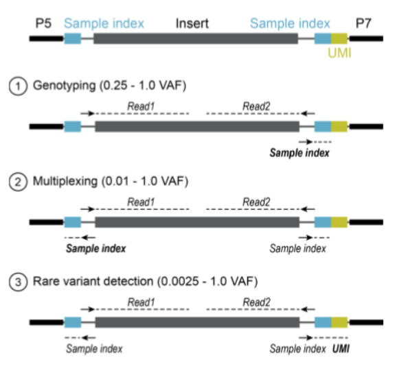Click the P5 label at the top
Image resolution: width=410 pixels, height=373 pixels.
[x=43, y=23]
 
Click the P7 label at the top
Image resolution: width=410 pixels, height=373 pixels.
[x=363, y=23]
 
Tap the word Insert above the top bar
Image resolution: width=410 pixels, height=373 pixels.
[x=192, y=23]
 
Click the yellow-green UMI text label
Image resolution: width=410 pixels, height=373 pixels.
[x=339, y=53]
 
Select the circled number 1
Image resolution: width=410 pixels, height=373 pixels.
[x=18, y=86]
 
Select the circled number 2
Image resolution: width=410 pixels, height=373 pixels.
[x=18, y=182]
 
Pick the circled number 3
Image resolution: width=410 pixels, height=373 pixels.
[x=18, y=282]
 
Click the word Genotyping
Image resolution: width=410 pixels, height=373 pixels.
[x=65, y=86]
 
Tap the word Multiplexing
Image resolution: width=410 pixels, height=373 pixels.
[x=65, y=181]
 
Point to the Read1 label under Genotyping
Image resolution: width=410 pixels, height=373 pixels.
[x=141, y=106]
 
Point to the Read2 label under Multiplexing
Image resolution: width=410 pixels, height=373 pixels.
[x=256, y=202]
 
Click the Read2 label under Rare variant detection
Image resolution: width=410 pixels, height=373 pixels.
[x=257, y=302]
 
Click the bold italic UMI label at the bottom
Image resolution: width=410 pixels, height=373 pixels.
[x=341, y=349]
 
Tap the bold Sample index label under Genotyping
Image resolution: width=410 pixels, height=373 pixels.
[x=299, y=153]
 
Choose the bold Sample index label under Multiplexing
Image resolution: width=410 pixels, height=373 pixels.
[x=95, y=248]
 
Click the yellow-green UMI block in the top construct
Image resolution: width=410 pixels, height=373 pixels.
[x=339, y=38]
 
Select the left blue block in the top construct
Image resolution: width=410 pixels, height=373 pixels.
[x=72, y=38]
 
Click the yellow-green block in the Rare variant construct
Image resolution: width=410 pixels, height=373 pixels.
[x=339, y=322]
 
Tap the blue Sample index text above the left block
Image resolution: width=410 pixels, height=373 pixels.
[x=104, y=23]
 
